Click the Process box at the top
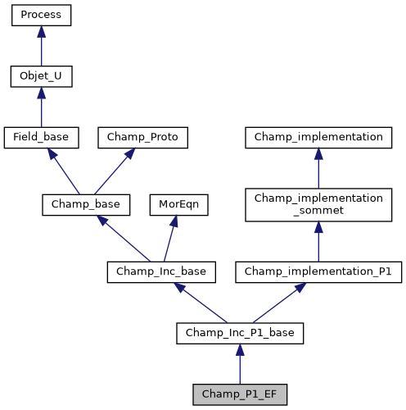click(42, 16)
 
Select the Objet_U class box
click(42, 77)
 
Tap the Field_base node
click(42, 138)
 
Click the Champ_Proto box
click(143, 138)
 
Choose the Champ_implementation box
click(318, 138)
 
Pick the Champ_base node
click(81, 204)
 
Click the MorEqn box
click(178, 204)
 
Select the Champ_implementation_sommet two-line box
click(318, 205)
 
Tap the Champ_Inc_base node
click(161, 271)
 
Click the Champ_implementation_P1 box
click(318, 271)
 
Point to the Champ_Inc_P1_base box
click(240, 333)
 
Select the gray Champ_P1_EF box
click(240, 394)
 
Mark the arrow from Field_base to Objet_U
click(42, 107)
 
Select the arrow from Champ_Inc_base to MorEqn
click(170, 238)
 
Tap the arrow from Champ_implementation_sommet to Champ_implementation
click(318, 168)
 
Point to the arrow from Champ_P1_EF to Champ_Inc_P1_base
click(240, 364)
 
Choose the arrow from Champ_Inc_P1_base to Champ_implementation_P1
click(278, 303)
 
